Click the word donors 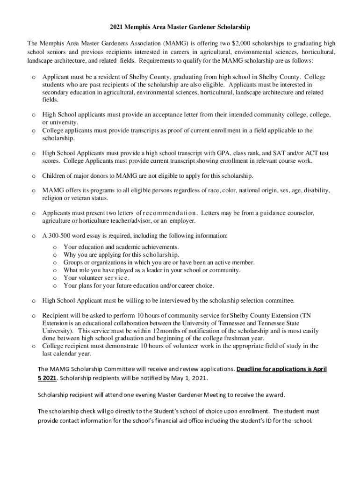point(101,176)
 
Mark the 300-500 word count point(59,236)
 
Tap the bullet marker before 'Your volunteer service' point(55,278)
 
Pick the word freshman point(237,338)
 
